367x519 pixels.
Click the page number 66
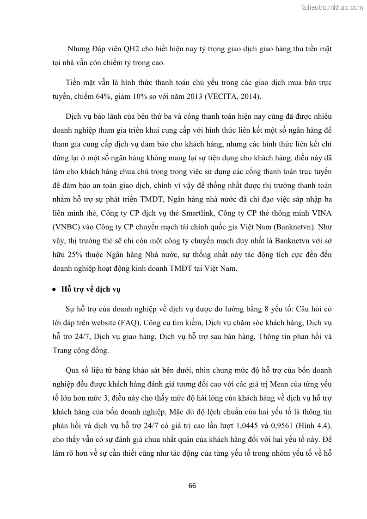pyautogui.click(x=192, y=486)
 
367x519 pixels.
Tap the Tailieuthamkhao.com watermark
pyautogui.click(x=331, y=7)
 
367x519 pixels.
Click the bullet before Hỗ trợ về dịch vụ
pyautogui.click(x=55, y=289)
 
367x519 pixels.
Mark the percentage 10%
pyautogui.click(x=155, y=97)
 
